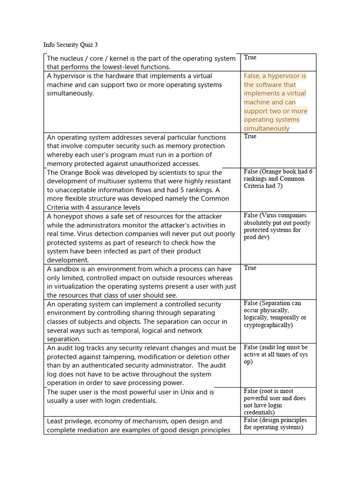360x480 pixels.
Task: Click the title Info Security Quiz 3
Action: pos(71,45)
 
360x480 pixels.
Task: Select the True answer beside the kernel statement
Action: pos(250,58)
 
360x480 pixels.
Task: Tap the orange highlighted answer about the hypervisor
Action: pos(275,102)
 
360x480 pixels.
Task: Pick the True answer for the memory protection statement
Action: pos(250,136)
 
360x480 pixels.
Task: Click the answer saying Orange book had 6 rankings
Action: pos(277,179)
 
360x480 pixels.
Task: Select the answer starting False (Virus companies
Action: pos(277,226)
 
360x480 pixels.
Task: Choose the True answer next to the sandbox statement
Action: pos(250,268)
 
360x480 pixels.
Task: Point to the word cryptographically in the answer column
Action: pos(267,325)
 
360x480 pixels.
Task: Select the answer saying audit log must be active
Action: pos(276,354)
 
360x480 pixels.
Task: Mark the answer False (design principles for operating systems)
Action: pos(277,424)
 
